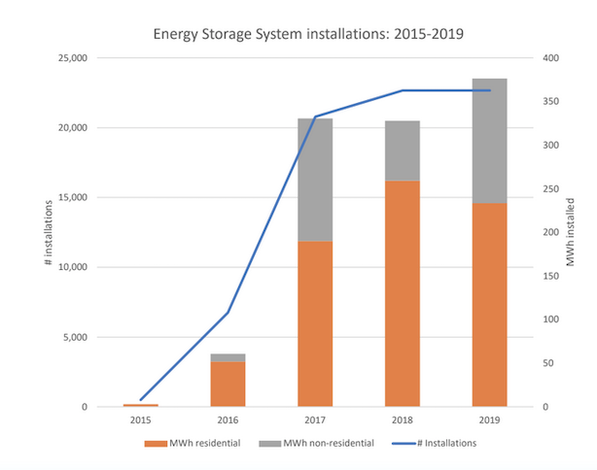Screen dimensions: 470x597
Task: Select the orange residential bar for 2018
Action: [403, 293]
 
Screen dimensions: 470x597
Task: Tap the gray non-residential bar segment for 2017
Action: [315, 180]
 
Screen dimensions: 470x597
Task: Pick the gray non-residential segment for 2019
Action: [489, 141]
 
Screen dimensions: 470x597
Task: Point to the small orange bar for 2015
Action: [141, 405]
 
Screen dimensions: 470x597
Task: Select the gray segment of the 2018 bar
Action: [403, 151]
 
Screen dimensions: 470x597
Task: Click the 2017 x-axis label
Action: [315, 421]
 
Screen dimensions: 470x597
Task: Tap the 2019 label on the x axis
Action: [489, 421]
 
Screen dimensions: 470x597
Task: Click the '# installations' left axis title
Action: [48, 233]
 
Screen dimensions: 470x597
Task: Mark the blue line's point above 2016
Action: [228, 313]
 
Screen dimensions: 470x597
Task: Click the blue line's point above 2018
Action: [403, 90]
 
